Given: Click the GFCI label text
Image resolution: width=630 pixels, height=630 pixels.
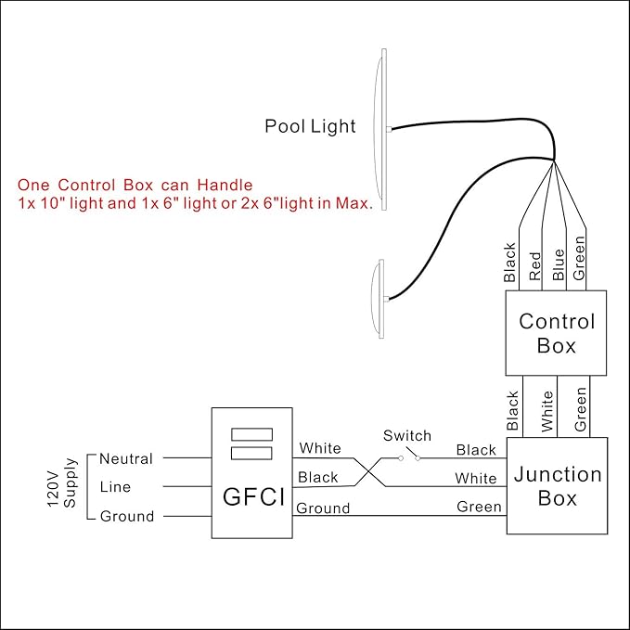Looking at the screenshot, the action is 253,496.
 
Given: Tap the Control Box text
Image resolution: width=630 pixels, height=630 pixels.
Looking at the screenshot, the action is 557,333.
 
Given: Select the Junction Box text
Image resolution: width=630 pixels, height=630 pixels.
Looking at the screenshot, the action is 558,486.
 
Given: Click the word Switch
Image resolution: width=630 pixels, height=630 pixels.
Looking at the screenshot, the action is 407,435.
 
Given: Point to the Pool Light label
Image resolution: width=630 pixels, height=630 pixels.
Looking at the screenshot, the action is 310,126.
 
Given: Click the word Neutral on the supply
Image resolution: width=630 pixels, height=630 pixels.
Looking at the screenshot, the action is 126,458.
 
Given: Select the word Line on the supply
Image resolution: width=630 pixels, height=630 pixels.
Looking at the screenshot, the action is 115,487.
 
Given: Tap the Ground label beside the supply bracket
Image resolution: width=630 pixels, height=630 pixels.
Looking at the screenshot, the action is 127,516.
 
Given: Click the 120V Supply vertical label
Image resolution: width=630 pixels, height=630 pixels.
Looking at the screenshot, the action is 61,483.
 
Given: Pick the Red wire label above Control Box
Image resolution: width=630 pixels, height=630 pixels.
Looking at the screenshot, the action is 534,266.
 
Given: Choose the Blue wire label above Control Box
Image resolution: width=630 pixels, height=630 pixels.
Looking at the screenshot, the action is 559,264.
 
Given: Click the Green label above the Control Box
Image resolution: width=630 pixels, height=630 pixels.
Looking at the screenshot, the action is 579,258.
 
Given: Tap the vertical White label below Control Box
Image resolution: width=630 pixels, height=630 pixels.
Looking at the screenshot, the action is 547,411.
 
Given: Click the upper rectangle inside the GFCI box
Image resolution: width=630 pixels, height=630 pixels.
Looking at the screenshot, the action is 252,434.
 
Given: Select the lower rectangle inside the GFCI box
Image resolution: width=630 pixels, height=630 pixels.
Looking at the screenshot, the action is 252,453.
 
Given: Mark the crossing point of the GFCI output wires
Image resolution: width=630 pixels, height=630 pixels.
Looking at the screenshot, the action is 369,472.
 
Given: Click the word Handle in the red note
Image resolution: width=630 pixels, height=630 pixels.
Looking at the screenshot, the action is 225,185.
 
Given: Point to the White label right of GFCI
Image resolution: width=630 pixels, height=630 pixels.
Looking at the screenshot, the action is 320,447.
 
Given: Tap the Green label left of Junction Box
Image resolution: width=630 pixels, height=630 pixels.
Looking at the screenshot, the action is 479,507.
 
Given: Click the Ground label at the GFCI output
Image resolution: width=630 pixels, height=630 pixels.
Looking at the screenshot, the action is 323,508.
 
